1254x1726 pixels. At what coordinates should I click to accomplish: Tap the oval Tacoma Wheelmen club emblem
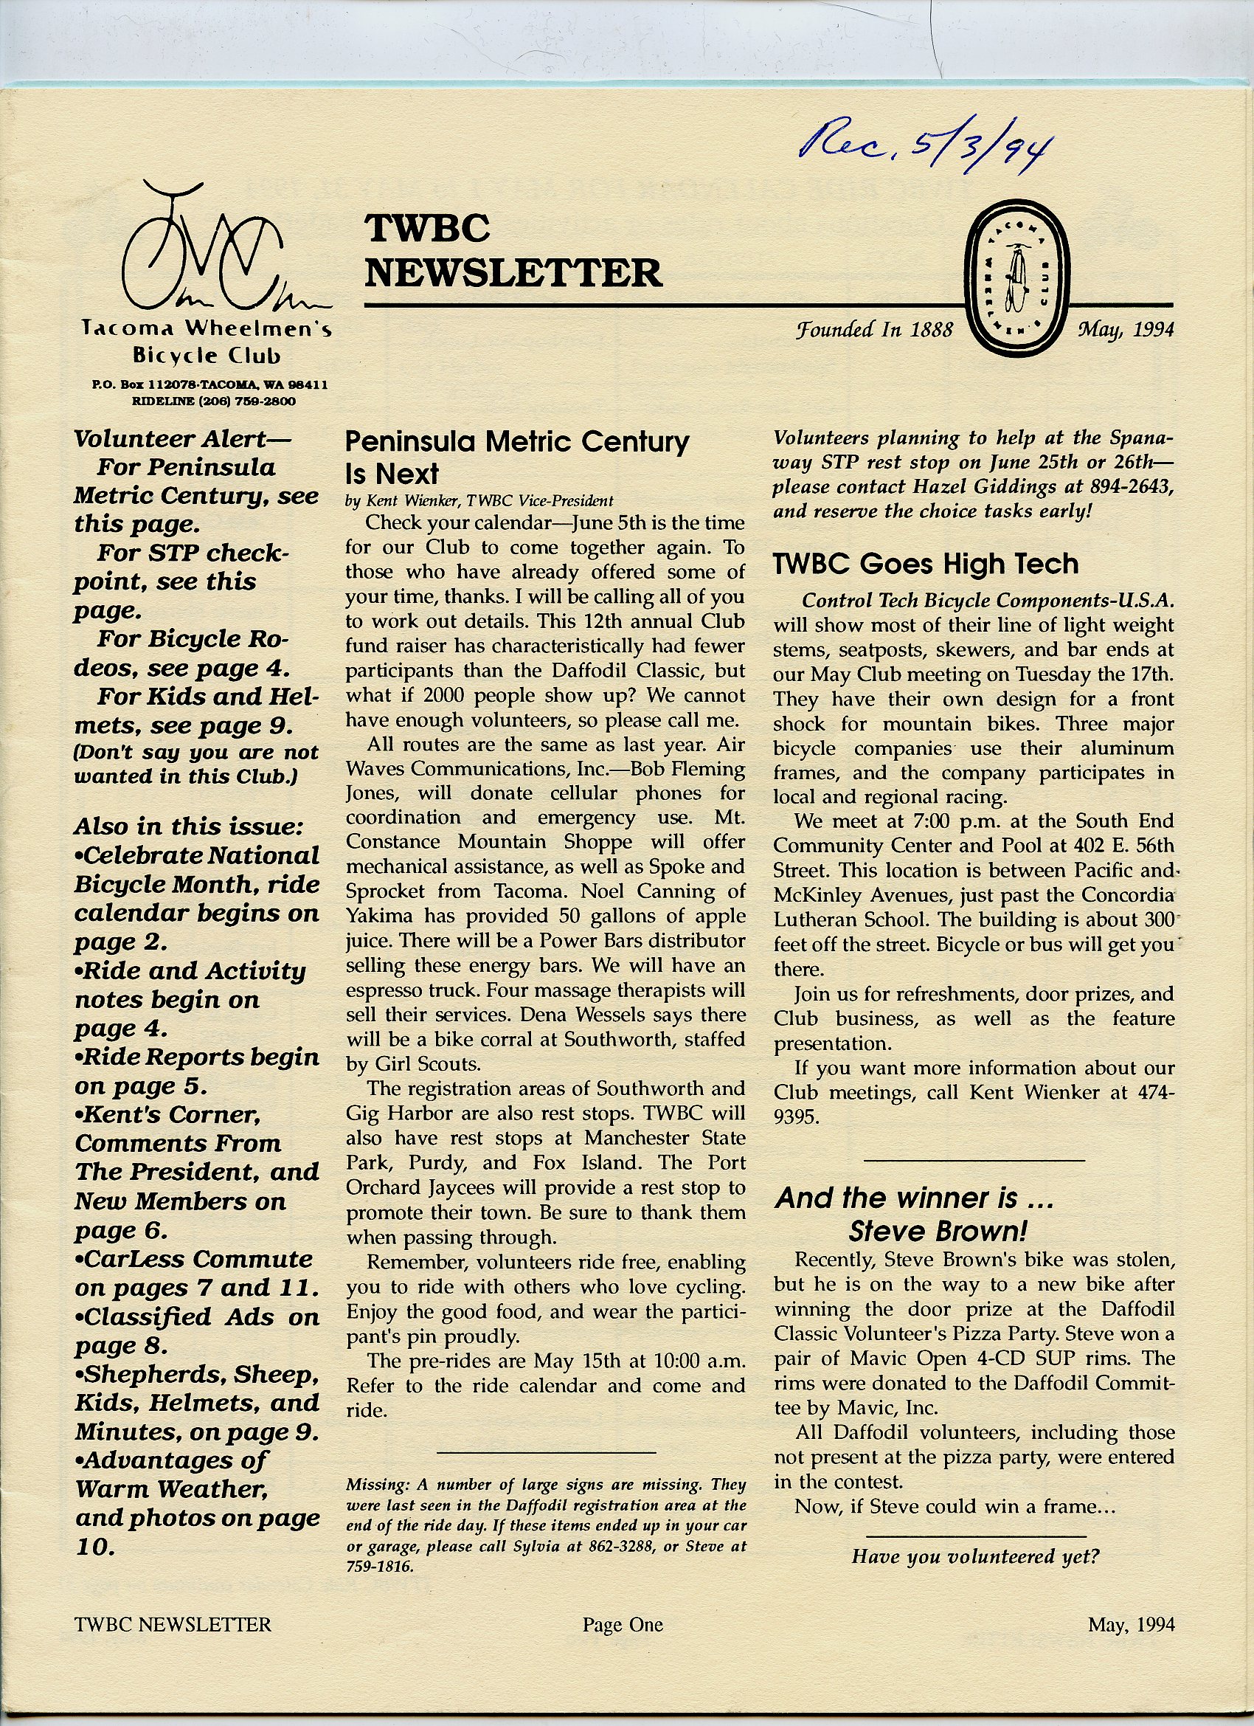click(1016, 277)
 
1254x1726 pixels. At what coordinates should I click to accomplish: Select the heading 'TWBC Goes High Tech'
click(925, 564)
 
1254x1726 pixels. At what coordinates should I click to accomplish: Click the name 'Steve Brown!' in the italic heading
click(938, 1231)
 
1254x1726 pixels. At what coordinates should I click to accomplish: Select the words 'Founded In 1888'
click(874, 330)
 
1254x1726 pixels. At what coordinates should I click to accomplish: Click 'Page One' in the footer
click(623, 1625)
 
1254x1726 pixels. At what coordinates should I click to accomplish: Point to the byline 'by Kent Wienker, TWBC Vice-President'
click(479, 501)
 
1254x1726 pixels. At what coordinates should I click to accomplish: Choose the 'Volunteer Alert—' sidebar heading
click(182, 439)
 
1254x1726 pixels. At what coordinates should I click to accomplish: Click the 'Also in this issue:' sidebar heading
click(189, 826)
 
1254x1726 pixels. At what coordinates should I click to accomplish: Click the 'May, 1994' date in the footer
click(1131, 1625)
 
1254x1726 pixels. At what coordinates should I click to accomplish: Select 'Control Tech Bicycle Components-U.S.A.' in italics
click(988, 601)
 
